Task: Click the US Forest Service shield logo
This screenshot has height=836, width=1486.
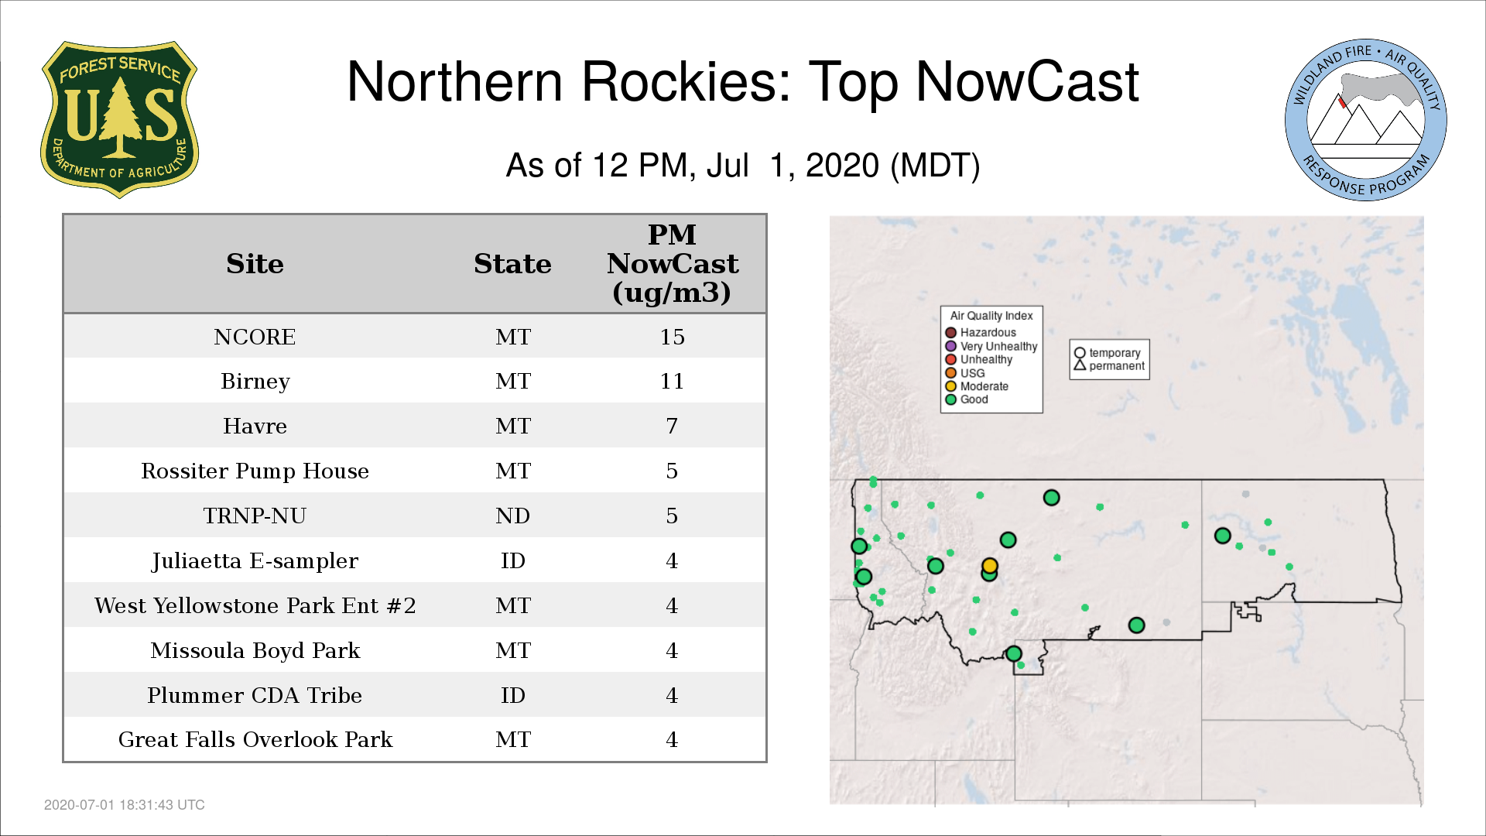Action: point(119,120)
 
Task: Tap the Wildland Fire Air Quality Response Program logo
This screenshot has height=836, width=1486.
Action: point(1366,120)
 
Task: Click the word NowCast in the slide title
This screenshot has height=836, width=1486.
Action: point(1027,81)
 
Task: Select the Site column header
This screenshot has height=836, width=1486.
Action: point(255,264)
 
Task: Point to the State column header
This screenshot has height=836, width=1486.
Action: point(512,264)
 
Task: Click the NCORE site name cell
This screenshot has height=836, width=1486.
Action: point(255,337)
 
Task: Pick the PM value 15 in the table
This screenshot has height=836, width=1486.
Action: point(672,337)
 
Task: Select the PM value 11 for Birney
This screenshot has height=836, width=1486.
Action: point(672,381)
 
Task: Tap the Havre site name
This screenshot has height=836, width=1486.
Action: point(255,426)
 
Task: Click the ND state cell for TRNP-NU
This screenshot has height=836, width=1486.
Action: point(512,516)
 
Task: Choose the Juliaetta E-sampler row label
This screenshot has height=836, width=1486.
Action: point(255,560)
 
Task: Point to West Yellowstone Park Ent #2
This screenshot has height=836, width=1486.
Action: point(255,605)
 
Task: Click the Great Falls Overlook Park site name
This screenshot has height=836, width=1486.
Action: point(255,739)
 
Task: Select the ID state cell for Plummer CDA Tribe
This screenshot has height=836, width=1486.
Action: point(512,695)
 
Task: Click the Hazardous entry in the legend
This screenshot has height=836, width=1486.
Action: point(981,333)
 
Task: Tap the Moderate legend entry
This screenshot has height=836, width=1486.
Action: point(977,386)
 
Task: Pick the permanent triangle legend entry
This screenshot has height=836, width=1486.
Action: point(1109,365)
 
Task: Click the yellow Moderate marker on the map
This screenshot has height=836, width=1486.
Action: point(990,566)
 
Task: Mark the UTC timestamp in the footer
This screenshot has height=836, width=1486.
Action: point(125,805)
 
